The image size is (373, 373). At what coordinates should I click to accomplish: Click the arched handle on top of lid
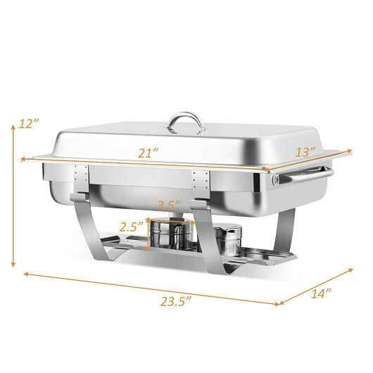[185, 122]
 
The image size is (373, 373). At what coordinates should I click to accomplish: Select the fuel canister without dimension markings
[226, 240]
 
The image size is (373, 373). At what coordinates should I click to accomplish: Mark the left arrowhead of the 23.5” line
[26, 274]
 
